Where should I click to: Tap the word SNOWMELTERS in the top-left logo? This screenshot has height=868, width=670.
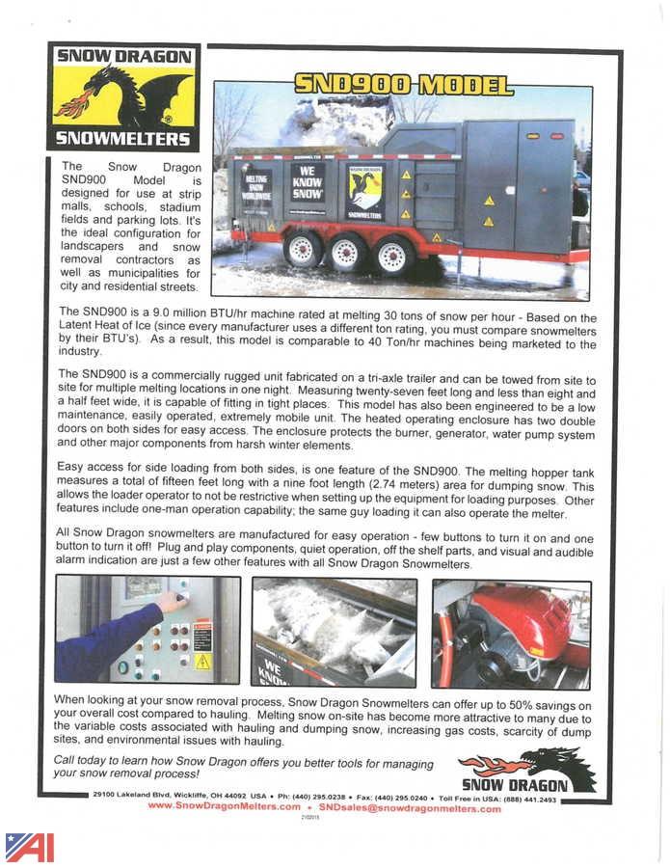[123, 139]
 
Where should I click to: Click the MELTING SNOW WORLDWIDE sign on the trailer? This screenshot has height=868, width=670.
[257, 190]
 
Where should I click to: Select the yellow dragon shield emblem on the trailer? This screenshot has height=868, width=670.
[365, 191]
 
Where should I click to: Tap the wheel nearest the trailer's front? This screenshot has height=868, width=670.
[392, 256]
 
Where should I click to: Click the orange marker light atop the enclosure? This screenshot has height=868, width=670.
[532, 136]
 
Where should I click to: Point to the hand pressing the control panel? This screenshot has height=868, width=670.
[171, 603]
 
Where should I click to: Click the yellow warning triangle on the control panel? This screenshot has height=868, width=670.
[202, 662]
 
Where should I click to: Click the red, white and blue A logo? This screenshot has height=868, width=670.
[29, 846]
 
